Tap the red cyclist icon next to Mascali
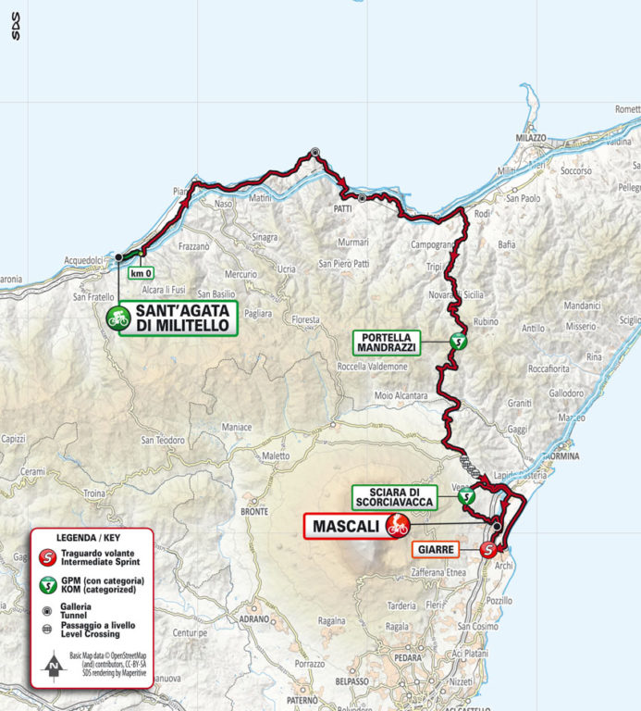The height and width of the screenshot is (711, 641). click(x=397, y=526)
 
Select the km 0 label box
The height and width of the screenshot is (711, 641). click(x=140, y=273)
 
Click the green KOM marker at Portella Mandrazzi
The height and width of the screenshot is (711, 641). click(x=456, y=342)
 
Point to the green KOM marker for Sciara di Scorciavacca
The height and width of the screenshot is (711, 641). click(x=468, y=497)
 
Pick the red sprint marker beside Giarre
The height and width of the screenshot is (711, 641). click(x=488, y=550)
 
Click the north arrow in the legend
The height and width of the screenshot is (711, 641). click(x=54, y=663)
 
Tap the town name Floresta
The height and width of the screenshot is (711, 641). click(x=305, y=319)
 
